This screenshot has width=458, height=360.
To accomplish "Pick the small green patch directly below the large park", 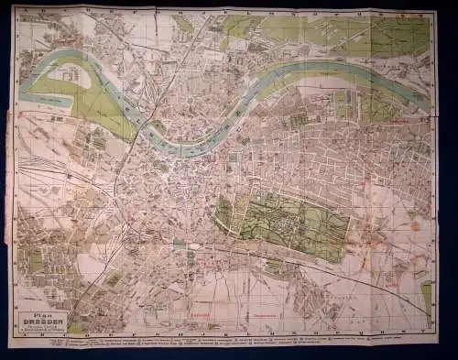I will [x=274, y=267].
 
